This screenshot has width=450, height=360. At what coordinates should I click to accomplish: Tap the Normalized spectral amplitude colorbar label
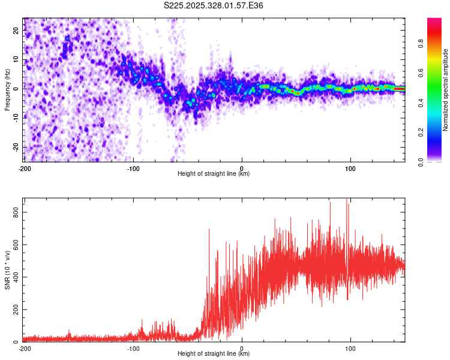click(x=446, y=90)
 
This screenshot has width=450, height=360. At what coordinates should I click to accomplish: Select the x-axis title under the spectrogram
click(x=214, y=173)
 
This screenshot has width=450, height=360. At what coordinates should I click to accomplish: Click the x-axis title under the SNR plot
click(x=214, y=353)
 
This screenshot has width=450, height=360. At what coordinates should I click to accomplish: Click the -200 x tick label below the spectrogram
click(x=25, y=167)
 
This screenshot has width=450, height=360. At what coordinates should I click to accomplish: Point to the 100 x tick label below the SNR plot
click(x=351, y=347)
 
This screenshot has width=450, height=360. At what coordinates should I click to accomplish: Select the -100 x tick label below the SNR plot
click(x=133, y=347)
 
